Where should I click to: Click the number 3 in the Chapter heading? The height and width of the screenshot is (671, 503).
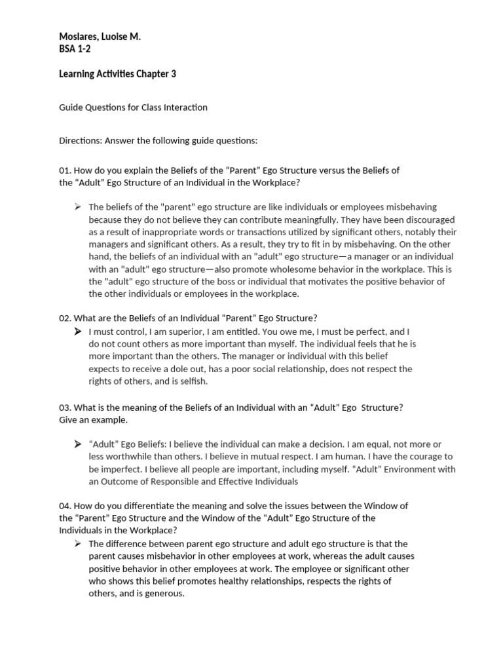pos(174,74)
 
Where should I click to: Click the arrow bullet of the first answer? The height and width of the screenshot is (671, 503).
pos(78,207)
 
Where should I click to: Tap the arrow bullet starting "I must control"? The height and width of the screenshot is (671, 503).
pos(78,331)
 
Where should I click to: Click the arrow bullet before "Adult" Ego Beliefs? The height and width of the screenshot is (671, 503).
pos(78,444)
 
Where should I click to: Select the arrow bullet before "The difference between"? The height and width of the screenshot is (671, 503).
pos(78,543)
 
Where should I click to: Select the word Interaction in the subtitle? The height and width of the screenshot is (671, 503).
pos(185,107)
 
